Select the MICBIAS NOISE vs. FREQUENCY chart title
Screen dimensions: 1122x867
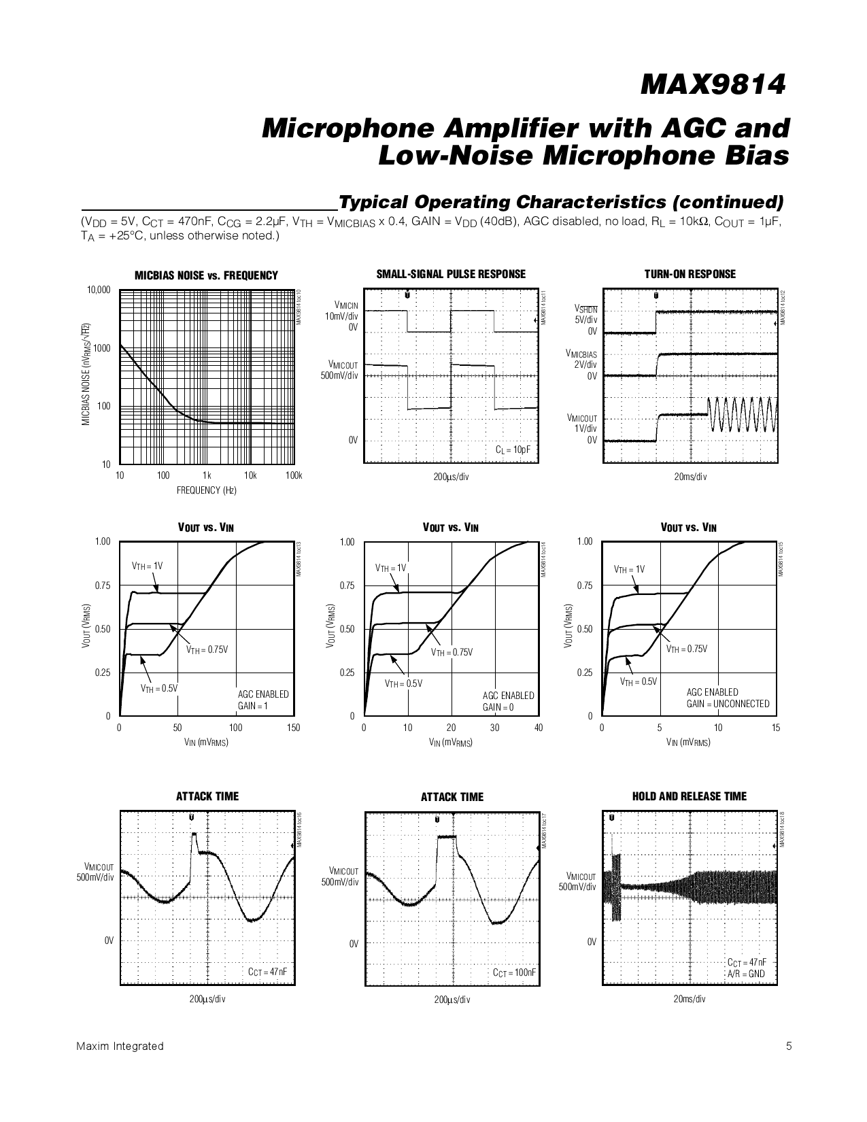click(206, 275)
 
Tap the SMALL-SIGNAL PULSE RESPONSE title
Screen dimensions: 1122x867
click(451, 274)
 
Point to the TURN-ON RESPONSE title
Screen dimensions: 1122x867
click(690, 274)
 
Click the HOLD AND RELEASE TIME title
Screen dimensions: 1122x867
click(689, 796)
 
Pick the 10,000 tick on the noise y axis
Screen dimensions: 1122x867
click(98, 290)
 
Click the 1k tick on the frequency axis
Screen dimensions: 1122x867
click(207, 476)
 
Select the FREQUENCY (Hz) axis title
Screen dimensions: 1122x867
click(207, 490)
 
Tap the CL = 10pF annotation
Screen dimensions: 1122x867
click(513, 450)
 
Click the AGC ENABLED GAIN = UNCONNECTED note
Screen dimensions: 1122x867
click(728, 698)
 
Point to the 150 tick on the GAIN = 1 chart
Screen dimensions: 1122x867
click(293, 728)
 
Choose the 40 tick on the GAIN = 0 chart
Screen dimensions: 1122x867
click(539, 728)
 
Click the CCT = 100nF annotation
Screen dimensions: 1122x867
click(514, 972)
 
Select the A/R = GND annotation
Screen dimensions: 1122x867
click(746, 974)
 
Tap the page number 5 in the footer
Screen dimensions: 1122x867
click(789, 1047)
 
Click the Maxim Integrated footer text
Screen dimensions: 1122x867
click(120, 1047)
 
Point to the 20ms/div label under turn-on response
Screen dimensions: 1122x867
click(690, 477)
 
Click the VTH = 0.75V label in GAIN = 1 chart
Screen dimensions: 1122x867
click(207, 649)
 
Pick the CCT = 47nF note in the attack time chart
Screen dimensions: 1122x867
click(267, 972)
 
